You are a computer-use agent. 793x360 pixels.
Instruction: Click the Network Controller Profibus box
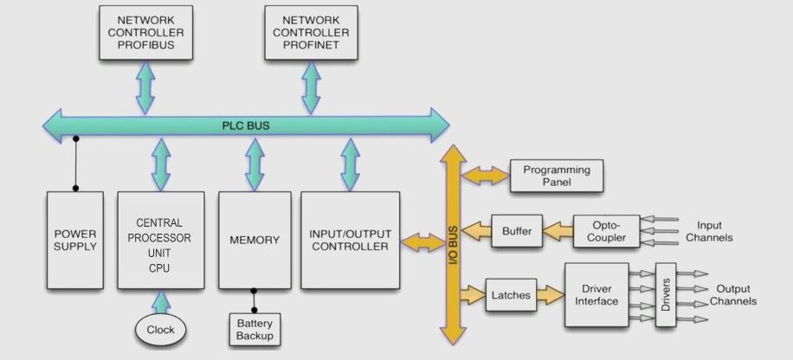coord(143,32)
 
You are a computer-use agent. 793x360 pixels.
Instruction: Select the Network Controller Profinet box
coord(309,32)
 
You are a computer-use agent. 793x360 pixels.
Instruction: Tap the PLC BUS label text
coord(246,125)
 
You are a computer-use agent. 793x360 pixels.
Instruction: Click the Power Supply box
coord(75,240)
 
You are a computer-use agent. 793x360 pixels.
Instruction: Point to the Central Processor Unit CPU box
coord(164,240)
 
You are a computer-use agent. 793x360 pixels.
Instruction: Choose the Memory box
coord(255,240)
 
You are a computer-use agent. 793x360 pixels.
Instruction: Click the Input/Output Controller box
coord(349,240)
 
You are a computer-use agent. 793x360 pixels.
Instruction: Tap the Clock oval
coord(160,330)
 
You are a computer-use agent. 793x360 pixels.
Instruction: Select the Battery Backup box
coord(255,328)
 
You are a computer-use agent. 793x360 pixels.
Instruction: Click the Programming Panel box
coord(557,177)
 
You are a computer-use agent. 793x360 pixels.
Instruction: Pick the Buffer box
coord(517,231)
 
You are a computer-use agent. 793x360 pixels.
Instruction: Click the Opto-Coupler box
coord(606,231)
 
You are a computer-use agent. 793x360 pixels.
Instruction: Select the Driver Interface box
coord(596,295)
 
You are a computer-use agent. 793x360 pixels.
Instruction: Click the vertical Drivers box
coord(666,295)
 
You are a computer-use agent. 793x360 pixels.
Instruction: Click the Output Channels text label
coord(732,295)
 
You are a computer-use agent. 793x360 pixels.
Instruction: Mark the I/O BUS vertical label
coord(454,245)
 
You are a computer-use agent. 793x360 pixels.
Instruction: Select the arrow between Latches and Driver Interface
coord(549,295)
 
